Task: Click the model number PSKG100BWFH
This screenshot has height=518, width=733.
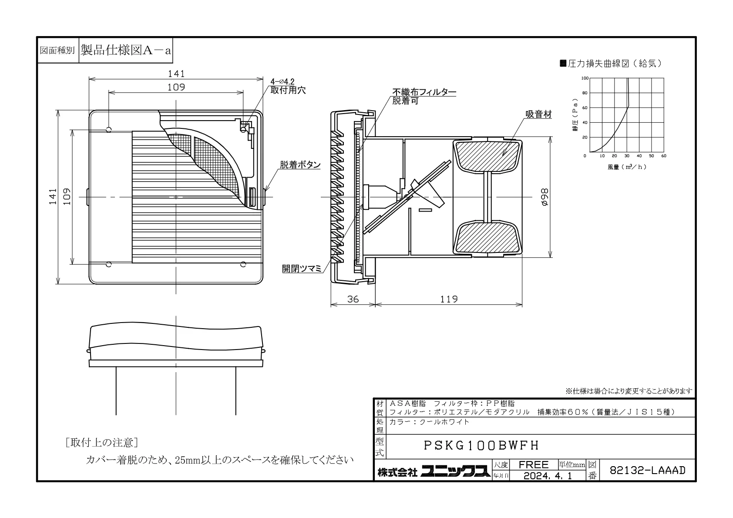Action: [481, 445]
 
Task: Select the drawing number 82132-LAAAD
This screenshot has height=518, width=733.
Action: [647, 470]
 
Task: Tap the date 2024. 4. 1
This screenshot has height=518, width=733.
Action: [548, 476]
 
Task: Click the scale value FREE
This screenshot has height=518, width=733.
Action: [533, 464]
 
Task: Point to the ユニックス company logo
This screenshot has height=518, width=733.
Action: [455, 471]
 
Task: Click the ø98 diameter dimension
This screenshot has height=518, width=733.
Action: [545, 197]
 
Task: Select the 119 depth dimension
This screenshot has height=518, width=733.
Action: [449, 299]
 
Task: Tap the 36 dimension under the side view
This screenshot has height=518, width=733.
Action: [353, 299]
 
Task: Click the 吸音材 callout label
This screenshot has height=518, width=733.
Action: [538, 114]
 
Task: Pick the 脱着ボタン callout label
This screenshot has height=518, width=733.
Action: [300, 165]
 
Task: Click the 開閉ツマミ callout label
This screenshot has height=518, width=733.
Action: [302, 269]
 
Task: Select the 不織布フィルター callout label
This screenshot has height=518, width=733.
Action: [424, 92]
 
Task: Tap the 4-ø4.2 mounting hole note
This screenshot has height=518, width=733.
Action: [282, 81]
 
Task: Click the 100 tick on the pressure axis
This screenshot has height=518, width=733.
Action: [585, 78]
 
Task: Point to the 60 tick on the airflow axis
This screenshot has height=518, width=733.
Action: [664, 156]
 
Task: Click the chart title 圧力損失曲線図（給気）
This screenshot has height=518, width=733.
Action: [611, 64]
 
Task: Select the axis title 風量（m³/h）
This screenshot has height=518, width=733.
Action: [627, 167]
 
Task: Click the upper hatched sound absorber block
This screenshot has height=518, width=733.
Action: [487, 156]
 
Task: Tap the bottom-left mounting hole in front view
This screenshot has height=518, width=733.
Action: [109, 264]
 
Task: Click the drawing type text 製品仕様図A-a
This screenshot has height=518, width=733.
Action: [126, 50]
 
